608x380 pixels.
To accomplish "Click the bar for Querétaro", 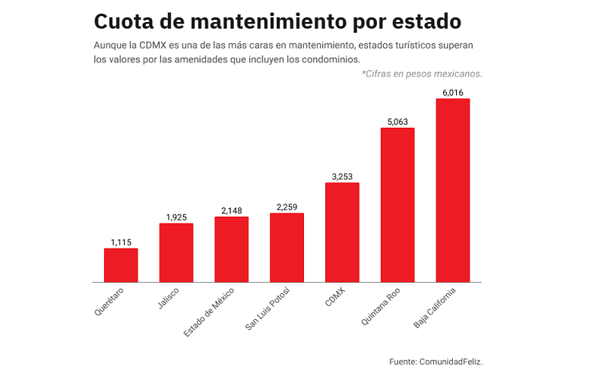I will pyautogui.click(x=121, y=265).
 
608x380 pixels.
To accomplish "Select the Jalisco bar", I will pyautogui.click(x=176, y=252).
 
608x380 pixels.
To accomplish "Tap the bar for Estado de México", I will pyautogui.click(x=231, y=249).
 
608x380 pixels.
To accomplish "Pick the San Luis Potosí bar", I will pyautogui.click(x=287, y=248).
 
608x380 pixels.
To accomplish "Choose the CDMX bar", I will pyautogui.click(x=342, y=233).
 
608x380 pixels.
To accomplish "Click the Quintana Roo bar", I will pyautogui.click(x=397, y=205).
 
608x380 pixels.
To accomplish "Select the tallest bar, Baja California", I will pyautogui.click(x=452, y=191).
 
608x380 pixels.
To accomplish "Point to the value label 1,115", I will pyautogui.click(x=121, y=242).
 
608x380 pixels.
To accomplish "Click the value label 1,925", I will pyautogui.click(x=176, y=217).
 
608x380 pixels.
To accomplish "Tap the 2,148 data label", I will pyautogui.click(x=231, y=211).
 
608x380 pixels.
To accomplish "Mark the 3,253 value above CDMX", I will pyautogui.click(x=342, y=177).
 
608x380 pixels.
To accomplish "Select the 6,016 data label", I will pyautogui.click(x=452, y=93).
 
